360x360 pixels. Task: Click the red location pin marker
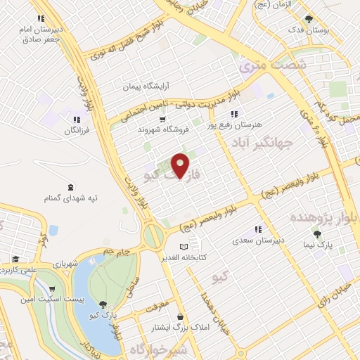[x=180, y=166]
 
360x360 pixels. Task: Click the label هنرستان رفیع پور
[x=233, y=124]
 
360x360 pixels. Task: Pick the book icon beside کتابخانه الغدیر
[x=184, y=247]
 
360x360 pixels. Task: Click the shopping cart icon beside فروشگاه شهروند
[x=163, y=120]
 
